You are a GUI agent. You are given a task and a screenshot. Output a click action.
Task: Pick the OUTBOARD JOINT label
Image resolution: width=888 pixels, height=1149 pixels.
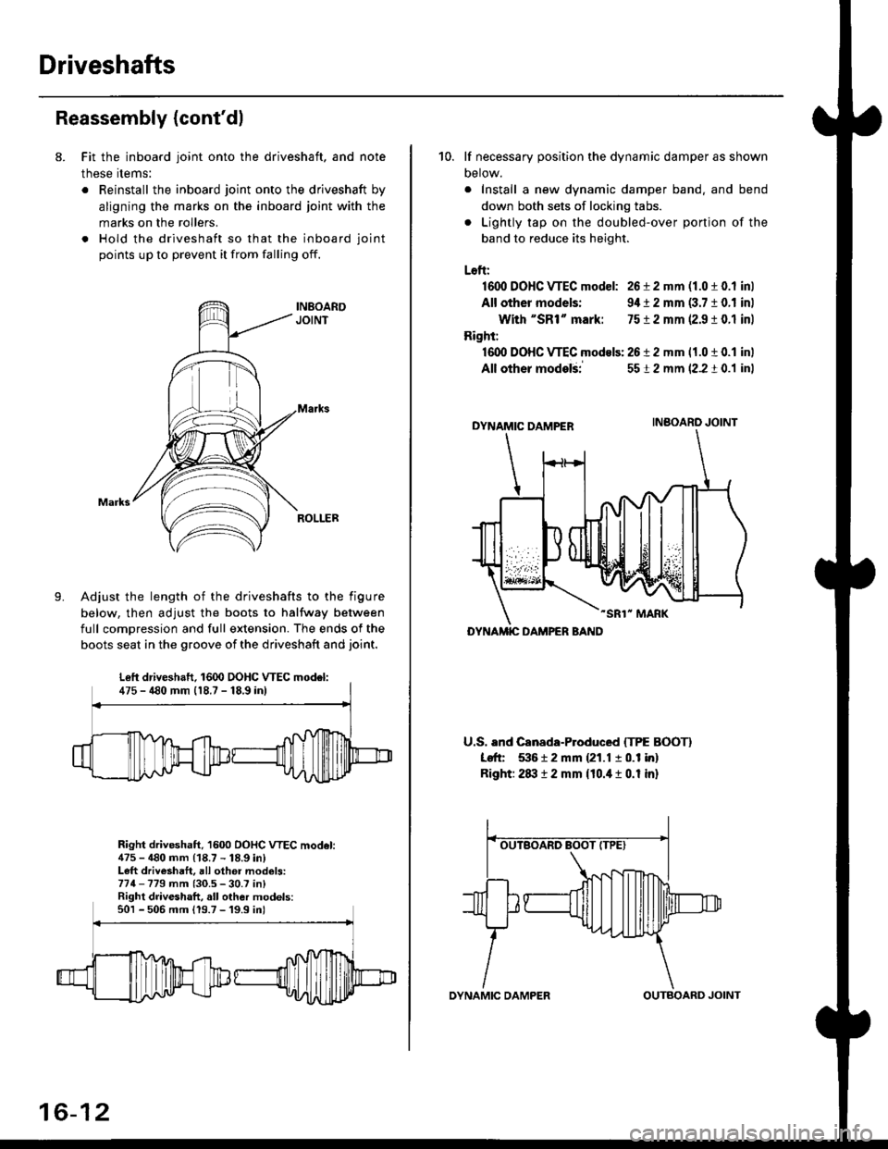(697, 1010)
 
